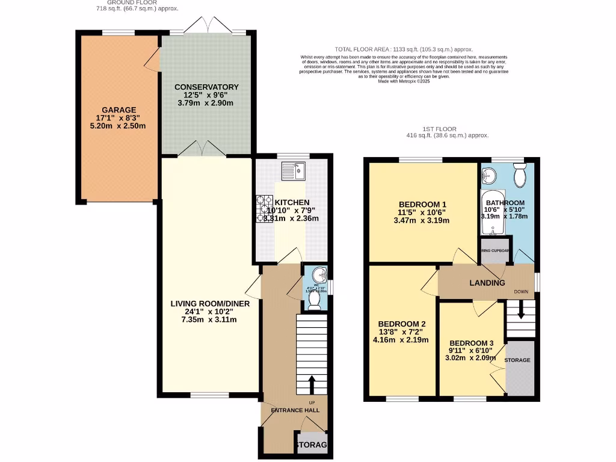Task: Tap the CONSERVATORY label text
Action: point(206,87)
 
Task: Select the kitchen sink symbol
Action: point(294,171)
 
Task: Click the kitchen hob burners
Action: point(265,208)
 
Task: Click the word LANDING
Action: point(487,283)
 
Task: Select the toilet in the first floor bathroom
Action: point(521,174)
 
